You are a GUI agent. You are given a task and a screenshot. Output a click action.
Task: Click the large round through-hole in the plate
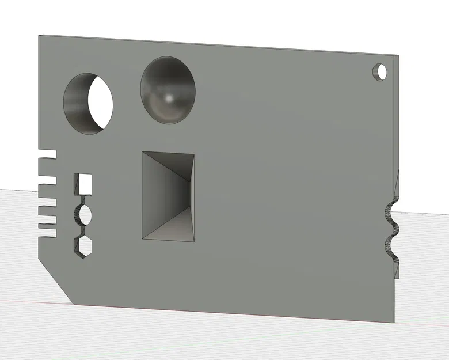tap(88, 104)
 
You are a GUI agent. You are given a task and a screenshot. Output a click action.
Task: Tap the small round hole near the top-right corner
tap(380, 72)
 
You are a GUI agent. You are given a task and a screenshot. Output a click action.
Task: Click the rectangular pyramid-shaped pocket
tap(168, 196)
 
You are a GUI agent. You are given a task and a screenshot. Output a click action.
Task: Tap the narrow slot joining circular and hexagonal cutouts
tap(83, 230)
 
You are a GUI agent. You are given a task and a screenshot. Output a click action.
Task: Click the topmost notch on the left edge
tap(47, 154)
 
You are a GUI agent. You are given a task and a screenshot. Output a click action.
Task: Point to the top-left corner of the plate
tap(39, 36)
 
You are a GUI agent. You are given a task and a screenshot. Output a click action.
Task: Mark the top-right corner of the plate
tap(398, 56)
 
